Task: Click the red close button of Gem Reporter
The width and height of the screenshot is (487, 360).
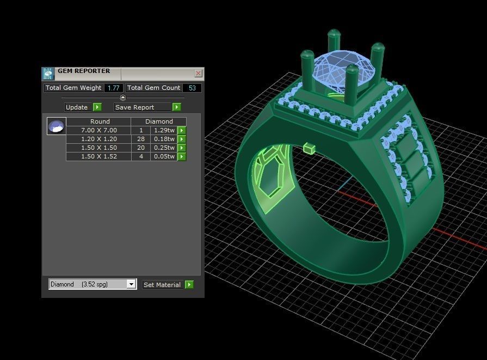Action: coord(198,73)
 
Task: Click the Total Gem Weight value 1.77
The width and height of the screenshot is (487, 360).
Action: coord(113,88)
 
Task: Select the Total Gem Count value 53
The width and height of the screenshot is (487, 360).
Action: coord(192,88)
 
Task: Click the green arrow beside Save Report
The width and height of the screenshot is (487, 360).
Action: coord(176,107)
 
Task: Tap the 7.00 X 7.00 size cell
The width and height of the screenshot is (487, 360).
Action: coord(98,131)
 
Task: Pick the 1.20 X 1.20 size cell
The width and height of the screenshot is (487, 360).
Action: coord(98,139)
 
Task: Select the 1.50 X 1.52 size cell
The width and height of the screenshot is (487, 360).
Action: coord(98,157)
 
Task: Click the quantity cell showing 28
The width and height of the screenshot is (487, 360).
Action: coord(140,139)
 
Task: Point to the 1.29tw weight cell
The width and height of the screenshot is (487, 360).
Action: coord(164,131)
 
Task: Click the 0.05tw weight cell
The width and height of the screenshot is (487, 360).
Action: coord(164,157)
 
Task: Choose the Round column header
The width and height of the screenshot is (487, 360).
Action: coord(100,121)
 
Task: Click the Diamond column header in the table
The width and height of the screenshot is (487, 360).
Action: coord(159,121)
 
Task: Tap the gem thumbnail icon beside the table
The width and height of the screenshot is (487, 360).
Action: coord(56,126)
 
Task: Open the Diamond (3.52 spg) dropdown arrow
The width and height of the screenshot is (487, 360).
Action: coord(131,284)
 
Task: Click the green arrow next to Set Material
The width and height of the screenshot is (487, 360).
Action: coord(189,284)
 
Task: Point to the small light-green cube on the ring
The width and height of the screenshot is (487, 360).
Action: coord(310,148)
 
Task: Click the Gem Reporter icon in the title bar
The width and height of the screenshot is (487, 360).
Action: coord(48,74)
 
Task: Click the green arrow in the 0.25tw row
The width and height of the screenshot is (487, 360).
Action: coord(182,148)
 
